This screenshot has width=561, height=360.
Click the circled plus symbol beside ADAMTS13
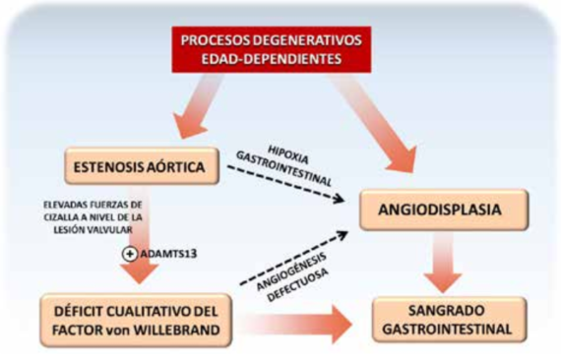(x=127, y=254)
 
